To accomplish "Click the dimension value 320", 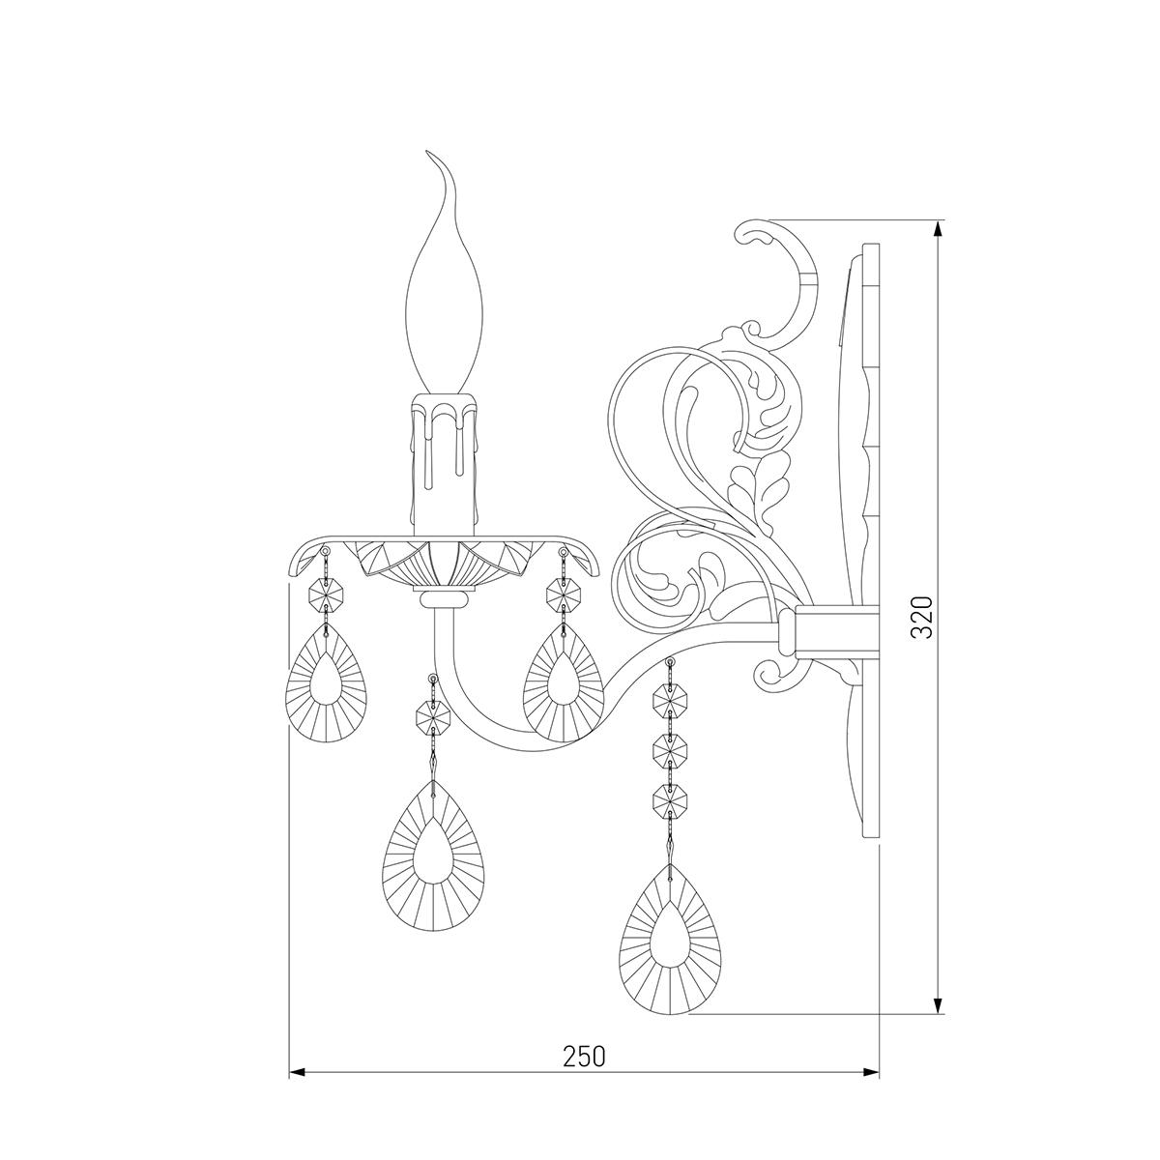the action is (921, 617).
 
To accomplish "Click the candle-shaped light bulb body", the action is (445, 301).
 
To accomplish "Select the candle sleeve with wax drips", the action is (445, 464).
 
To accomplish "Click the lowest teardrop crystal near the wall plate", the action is (670, 949).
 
